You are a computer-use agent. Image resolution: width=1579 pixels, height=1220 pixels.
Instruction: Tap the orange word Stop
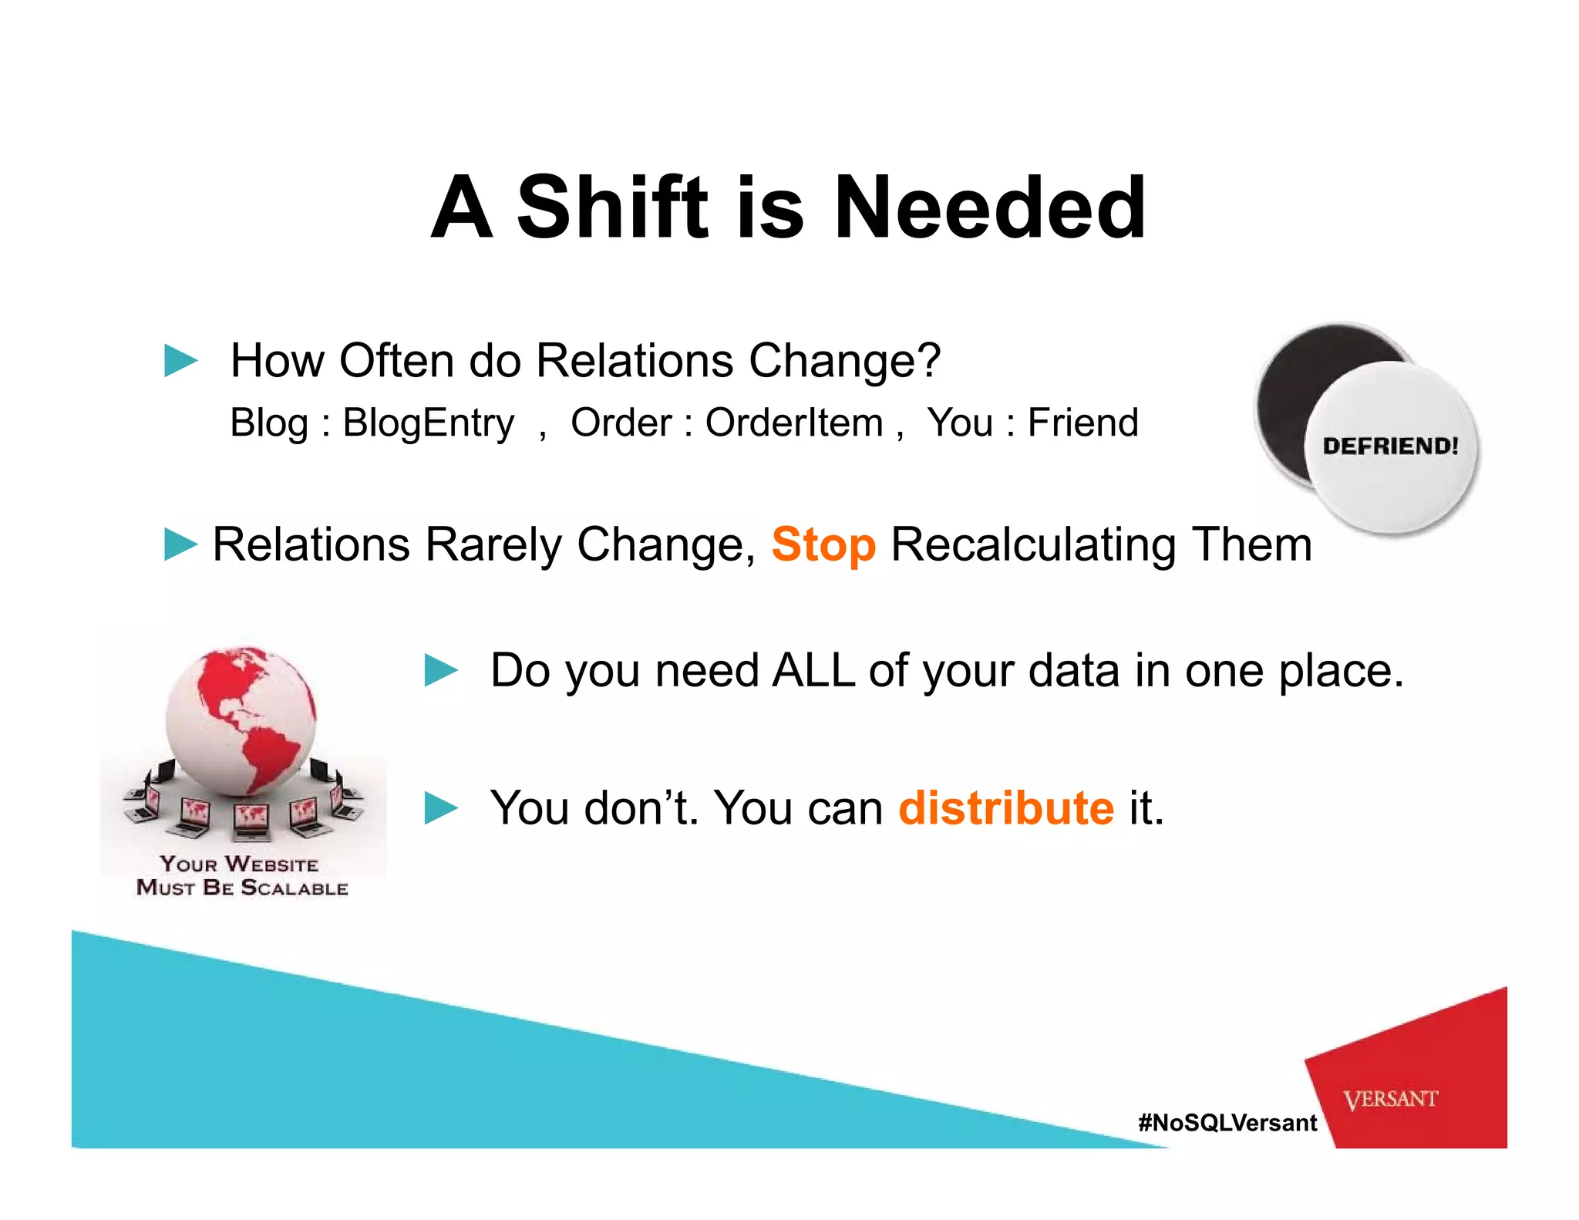tap(823, 545)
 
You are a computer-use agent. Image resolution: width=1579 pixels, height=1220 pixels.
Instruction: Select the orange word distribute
tap(1005, 808)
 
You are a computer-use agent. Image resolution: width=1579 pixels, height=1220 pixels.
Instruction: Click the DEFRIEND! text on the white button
tap(1390, 446)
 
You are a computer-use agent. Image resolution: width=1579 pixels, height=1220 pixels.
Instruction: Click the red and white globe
tap(241, 721)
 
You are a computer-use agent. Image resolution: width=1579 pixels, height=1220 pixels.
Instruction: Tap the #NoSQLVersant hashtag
tap(1227, 1122)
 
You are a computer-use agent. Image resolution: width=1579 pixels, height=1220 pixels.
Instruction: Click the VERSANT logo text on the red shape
tap(1390, 1099)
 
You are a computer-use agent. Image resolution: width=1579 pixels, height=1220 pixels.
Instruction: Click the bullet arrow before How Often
tap(181, 361)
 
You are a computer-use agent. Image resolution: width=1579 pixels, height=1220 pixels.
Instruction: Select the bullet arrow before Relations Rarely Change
tap(181, 544)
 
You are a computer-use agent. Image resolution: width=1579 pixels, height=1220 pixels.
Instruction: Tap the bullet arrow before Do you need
tap(441, 670)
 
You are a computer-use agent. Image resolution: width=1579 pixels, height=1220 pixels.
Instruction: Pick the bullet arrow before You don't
tap(441, 808)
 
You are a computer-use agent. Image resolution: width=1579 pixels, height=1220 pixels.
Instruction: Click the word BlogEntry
tap(428, 423)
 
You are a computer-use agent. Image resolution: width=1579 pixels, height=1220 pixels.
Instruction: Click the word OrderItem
tap(793, 423)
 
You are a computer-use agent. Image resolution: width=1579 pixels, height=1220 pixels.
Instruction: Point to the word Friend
tap(1082, 423)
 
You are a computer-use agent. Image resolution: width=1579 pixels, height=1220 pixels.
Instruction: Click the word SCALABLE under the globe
tap(295, 888)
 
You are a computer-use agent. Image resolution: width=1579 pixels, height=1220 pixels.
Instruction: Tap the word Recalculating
tap(1033, 545)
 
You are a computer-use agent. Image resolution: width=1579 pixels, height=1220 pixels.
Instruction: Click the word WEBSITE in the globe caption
tap(271, 864)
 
